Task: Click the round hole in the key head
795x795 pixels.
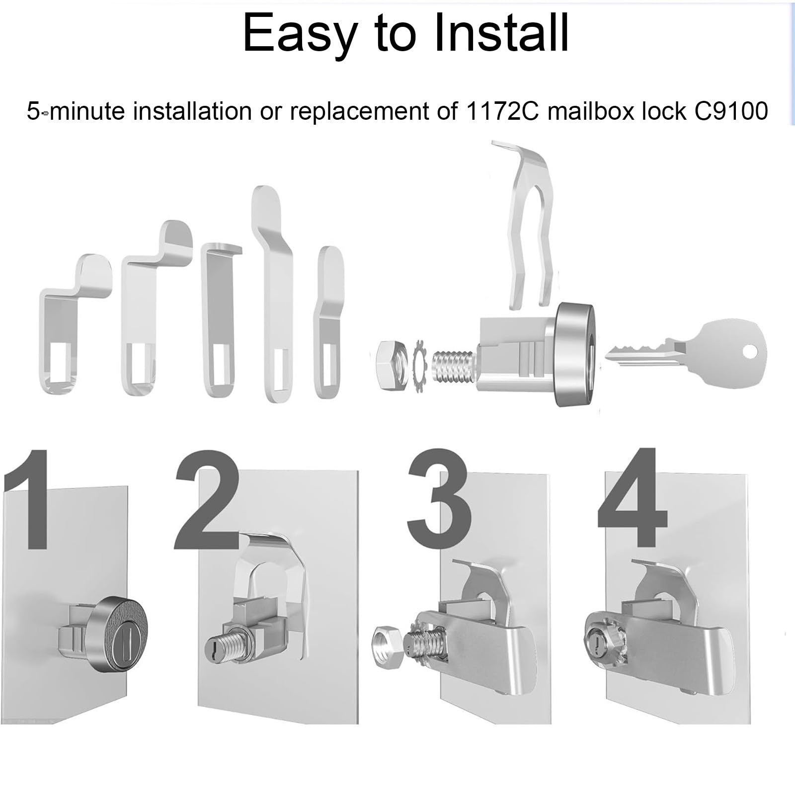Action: [x=750, y=351]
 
